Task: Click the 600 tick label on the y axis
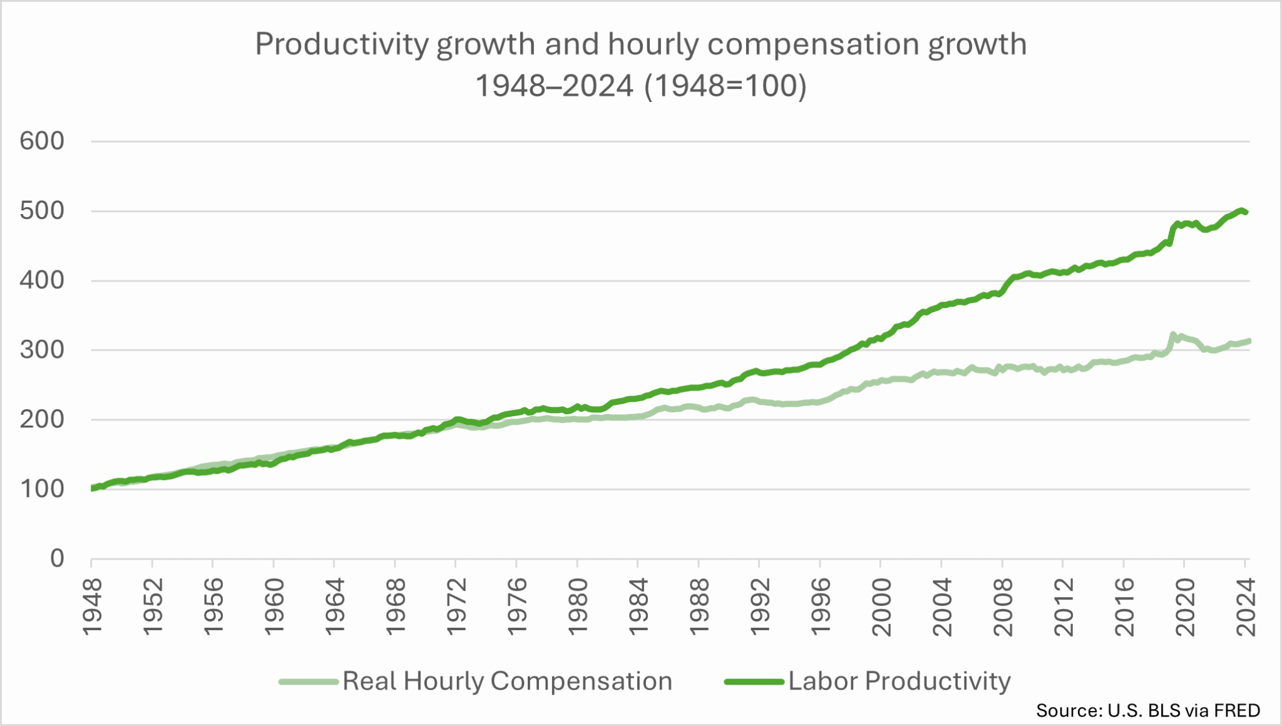click(x=42, y=141)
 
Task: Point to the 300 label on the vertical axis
click(x=42, y=350)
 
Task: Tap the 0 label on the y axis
click(x=57, y=558)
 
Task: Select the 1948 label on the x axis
click(x=92, y=607)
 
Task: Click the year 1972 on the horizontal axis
click(x=456, y=607)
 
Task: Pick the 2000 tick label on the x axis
click(x=881, y=607)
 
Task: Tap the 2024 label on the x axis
click(x=1246, y=607)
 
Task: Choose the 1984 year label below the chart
click(x=638, y=607)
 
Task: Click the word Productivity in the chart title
click(x=342, y=45)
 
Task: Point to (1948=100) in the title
click(x=726, y=86)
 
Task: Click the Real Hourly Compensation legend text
click(x=507, y=681)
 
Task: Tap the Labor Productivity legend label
click(x=900, y=681)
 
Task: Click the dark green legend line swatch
click(x=754, y=682)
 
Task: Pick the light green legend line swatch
click(x=309, y=682)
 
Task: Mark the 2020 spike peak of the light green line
click(x=1173, y=335)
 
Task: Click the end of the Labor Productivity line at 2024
click(x=1246, y=212)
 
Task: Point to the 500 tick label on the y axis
click(x=42, y=211)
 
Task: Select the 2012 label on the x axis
click(x=1064, y=607)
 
